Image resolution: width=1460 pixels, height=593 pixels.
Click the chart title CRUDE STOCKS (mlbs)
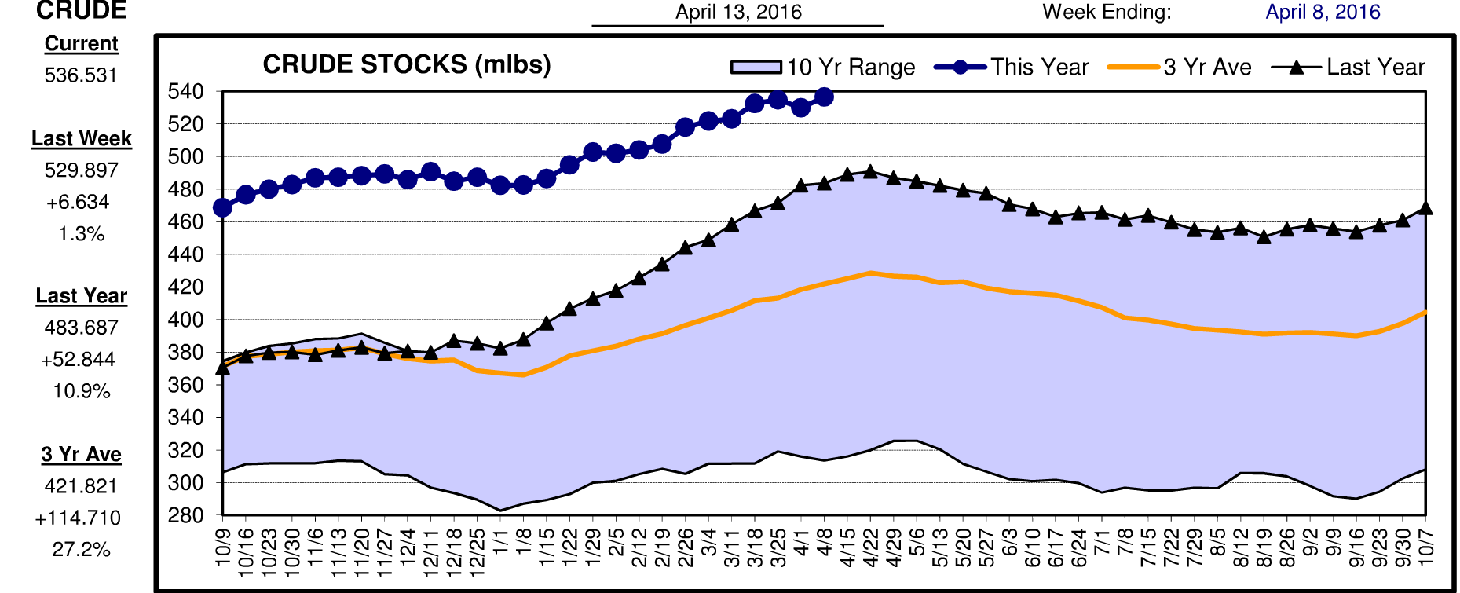pyautogui.click(x=406, y=64)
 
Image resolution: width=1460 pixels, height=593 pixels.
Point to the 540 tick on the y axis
pyautogui.click(x=185, y=92)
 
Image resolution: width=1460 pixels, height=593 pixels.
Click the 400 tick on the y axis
pyautogui.click(x=185, y=320)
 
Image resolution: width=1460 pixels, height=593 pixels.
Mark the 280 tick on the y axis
pyautogui.click(x=185, y=515)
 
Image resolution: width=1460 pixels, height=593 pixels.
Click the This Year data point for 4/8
pyautogui.click(x=824, y=97)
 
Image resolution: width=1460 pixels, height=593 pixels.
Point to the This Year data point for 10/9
pyautogui.click(x=222, y=207)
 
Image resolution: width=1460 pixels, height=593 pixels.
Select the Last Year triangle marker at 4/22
pyautogui.click(x=870, y=171)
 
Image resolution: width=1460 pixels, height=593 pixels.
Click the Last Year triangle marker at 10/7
pyautogui.click(x=1425, y=208)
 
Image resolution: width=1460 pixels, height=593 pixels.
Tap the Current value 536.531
pyautogui.click(x=81, y=75)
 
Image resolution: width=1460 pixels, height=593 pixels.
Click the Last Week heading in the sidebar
pyautogui.click(x=81, y=139)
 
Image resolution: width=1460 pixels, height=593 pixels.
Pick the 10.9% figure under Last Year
pyautogui.click(x=81, y=391)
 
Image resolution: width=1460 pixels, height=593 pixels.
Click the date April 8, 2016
pyautogui.click(x=1323, y=12)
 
